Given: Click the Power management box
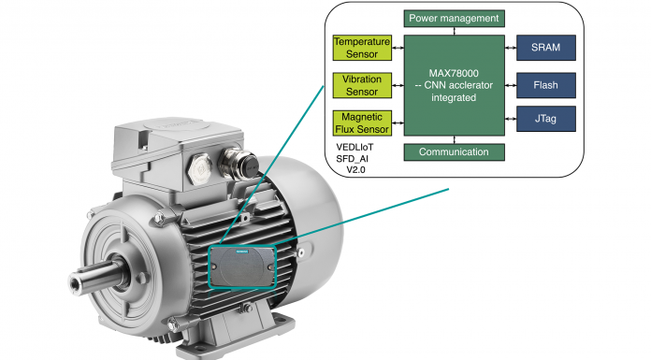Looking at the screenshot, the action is pyautogui.click(x=455, y=19).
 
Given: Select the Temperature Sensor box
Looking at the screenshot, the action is pyautogui.click(x=362, y=48).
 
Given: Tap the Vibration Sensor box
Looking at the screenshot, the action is pyautogui.click(x=362, y=85).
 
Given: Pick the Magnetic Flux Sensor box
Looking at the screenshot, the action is pyautogui.click(x=362, y=122).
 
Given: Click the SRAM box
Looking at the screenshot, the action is pyautogui.click(x=546, y=48).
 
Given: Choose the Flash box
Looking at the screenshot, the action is pyautogui.click(x=546, y=85).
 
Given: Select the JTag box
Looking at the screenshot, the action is pyautogui.click(x=546, y=119).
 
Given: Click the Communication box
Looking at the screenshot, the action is pyautogui.click(x=455, y=152).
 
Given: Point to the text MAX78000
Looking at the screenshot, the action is pyautogui.click(x=454, y=74).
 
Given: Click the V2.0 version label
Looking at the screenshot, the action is pyautogui.click(x=355, y=170).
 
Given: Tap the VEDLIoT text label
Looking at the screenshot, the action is pyautogui.click(x=354, y=148).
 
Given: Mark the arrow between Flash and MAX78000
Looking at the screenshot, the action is pyautogui.click(x=511, y=85).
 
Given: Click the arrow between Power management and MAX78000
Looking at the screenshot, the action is pyautogui.click(x=455, y=31).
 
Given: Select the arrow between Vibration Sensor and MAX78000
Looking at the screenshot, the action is pyautogui.click(x=398, y=85).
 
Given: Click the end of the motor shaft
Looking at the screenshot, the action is pyautogui.click(x=75, y=282).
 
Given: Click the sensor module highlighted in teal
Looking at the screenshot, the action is pyautogui.click(x=242, y=266).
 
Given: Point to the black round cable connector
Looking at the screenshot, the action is pyautogui.click(x=249, y=166).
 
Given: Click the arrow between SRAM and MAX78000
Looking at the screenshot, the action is pyautogui.click(x=511, y=48).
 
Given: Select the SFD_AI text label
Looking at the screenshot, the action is pyautogui.click(x=352, y=159).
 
